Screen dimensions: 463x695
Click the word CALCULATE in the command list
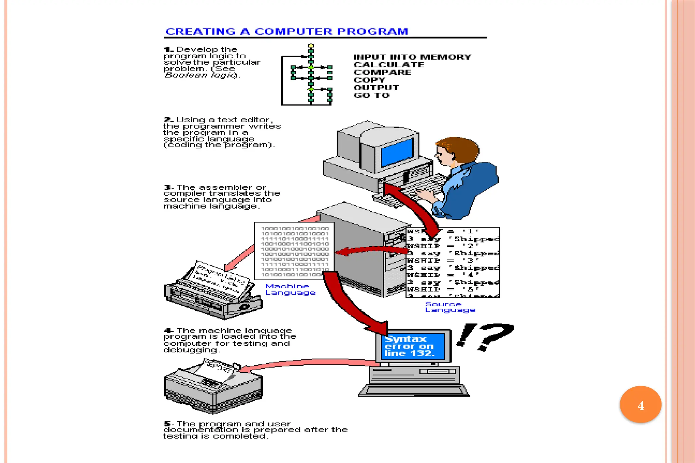389,65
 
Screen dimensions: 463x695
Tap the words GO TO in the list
372,95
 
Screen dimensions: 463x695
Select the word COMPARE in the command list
382,72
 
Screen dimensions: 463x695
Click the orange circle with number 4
640,405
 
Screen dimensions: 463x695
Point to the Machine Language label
290,289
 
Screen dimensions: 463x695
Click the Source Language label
450,307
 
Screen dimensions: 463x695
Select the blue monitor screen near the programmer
397,152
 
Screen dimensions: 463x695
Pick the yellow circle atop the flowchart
311,46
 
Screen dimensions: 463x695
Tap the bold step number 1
168,50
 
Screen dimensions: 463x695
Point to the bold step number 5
168,424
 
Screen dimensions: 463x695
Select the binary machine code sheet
294,251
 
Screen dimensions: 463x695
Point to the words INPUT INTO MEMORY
412,57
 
